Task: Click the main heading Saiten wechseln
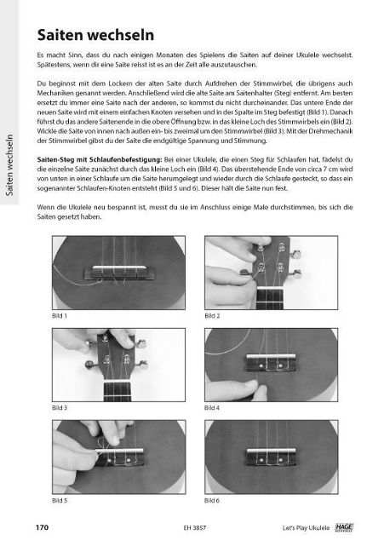tap(96, 35)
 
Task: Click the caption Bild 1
tap(60, 315)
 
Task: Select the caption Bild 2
tap(213, 315)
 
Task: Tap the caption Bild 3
tap(60, 408)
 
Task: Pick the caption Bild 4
tap(213, 408)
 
